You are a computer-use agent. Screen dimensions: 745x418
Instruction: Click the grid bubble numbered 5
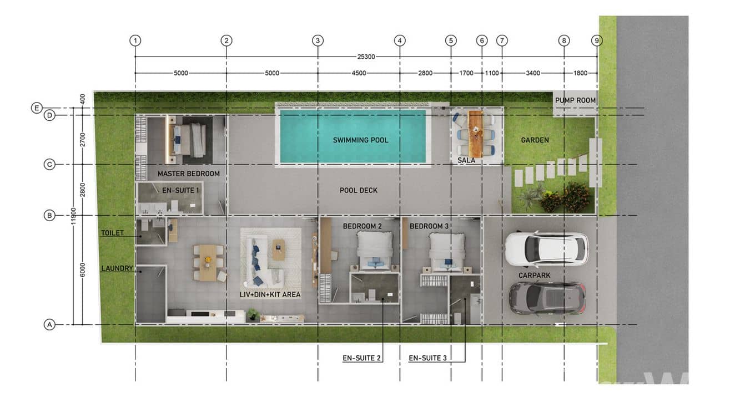coord(451,41)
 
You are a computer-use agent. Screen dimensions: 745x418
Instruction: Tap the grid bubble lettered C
coord(49,164)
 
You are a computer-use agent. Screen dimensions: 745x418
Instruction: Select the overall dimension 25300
coord(366,57)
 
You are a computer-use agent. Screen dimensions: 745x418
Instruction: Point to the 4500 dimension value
coord(359,73)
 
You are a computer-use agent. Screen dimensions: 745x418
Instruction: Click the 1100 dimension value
coord(492,73)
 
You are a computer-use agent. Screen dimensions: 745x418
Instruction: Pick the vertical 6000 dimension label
coord(83,270)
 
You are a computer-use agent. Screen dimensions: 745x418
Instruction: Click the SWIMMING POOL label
coord(360,140)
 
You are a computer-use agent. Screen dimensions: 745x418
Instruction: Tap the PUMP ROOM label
coord(575,100)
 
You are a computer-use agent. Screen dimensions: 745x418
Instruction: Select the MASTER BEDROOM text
coord(189,174)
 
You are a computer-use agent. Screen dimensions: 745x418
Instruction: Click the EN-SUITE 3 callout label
coord(427,358)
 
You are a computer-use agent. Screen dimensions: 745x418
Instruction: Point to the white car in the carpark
coord(546,249)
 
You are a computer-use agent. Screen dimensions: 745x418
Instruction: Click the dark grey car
coord(547,298)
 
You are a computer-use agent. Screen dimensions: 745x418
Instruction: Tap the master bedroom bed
coord(189,140)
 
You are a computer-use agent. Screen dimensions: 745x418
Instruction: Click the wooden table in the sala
coord(475,134)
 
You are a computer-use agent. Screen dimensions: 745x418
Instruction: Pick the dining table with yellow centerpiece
coord(208,263)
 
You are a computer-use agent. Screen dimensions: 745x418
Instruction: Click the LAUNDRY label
coord(117,268)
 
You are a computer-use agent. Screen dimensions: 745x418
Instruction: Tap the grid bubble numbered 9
coord(597,41)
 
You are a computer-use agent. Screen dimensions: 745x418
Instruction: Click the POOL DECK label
coord(359,190)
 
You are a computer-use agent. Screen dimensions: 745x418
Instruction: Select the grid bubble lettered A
coord(49,324)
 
